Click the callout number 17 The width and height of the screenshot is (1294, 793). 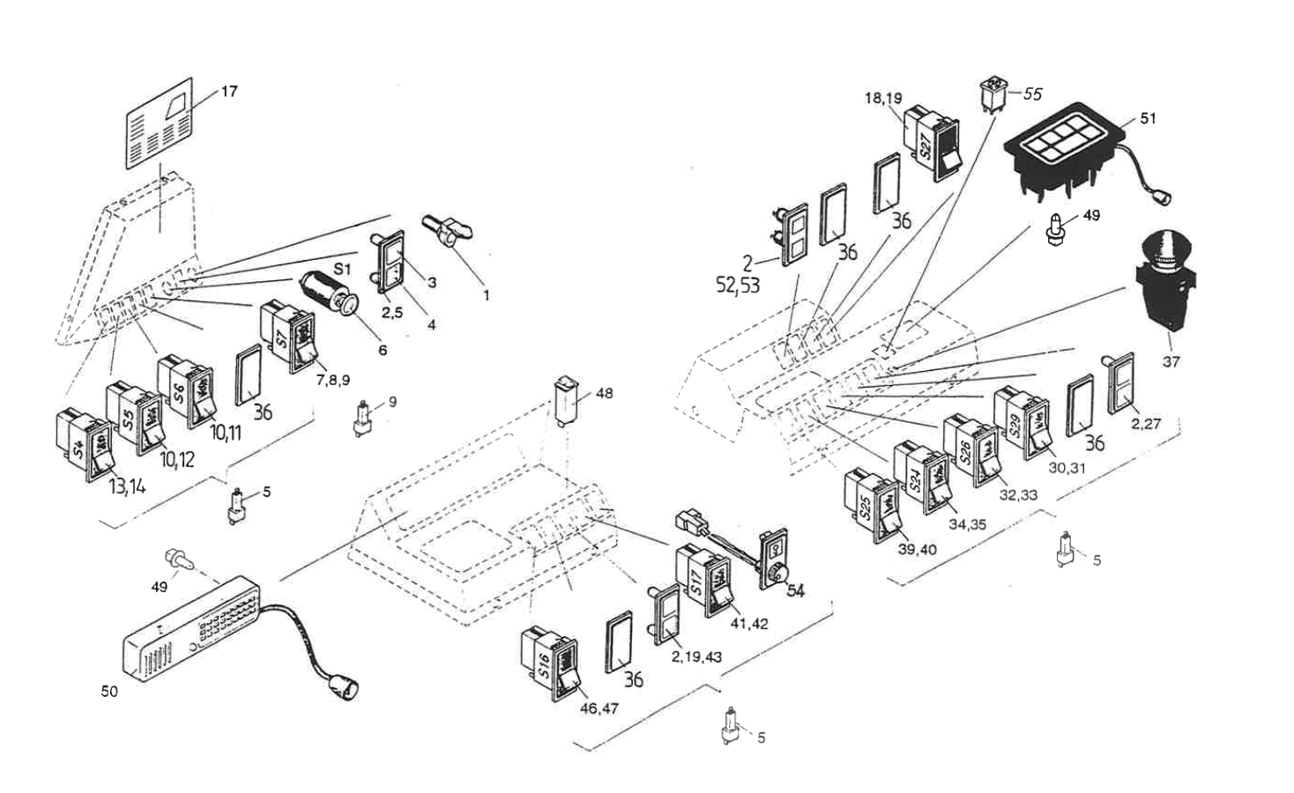point(229,91)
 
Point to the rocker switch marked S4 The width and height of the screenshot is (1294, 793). point(85,446)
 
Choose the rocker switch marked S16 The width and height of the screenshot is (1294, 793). point(551,663)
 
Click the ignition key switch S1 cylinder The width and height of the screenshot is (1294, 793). point(326,292)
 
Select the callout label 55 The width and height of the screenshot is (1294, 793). point(1032,93)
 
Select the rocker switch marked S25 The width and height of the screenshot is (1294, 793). point(873,506)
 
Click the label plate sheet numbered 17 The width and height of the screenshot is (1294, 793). point(160,124)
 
